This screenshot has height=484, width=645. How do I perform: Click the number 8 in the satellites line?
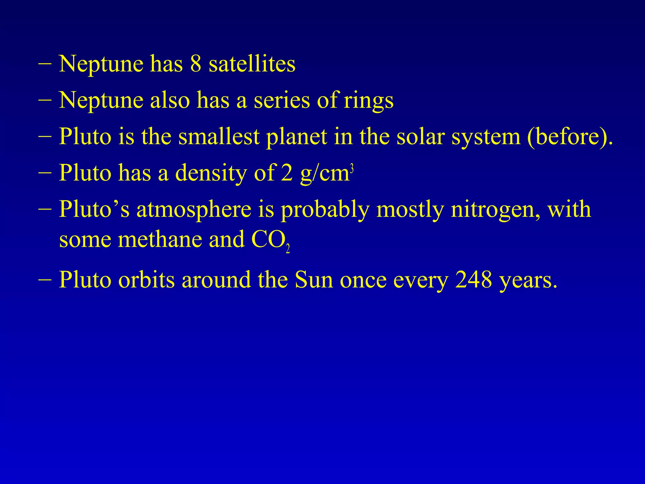coord(196,64)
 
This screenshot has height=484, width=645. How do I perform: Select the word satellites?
coord(252,64)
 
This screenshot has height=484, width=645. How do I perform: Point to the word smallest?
coord(219,137)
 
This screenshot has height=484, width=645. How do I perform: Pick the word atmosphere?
coord(194,210)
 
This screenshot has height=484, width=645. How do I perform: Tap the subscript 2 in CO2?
coord(288,249)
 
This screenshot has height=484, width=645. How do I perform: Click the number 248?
coord(473,280)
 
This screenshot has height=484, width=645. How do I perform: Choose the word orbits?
coord(146,280)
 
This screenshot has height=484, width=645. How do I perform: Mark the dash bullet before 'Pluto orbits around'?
coord(45,279)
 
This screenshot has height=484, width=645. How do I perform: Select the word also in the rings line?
coord(170,100)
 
